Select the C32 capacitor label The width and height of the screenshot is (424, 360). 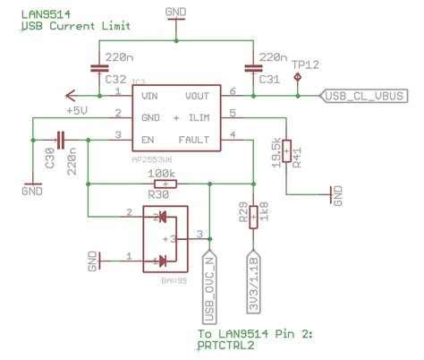tap(107, 79)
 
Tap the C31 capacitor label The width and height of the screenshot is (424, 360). tap(269, 79)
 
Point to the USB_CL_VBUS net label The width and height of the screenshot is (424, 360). tap(363, 94)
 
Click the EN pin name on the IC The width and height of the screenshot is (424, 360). tap(145, 138)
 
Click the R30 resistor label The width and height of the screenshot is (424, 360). tap(158, 193)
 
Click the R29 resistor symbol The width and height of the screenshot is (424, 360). tap(253, 216)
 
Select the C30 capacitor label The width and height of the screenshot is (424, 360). tap(48, 162)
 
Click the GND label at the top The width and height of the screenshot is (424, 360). tap(178, 12)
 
